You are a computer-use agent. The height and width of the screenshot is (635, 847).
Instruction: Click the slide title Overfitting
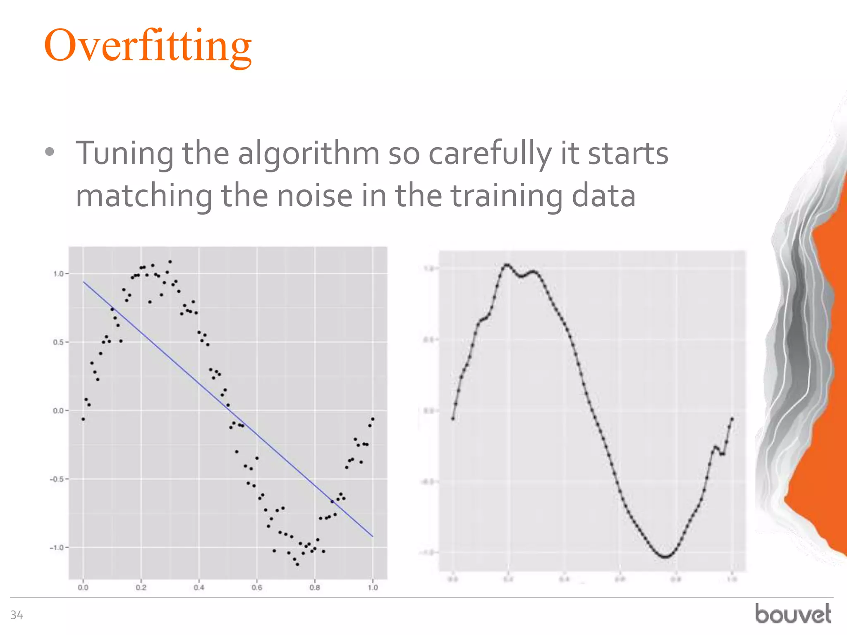pyautogui.click(x=148, y=45)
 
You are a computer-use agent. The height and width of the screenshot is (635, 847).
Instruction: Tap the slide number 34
pyautogui.click(x=17, y=615)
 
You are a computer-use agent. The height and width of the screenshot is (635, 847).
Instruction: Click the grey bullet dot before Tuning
pyautogui.click(x=50, y=152)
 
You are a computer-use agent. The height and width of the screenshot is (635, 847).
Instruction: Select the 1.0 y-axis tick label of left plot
pyautogui.click(x=58, y=274)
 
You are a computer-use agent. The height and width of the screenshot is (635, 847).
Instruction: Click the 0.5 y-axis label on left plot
pyautogui.click(x=58, y=342)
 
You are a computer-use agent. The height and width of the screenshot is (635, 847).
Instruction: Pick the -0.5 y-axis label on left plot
pyautogui.click(x=57, y=479)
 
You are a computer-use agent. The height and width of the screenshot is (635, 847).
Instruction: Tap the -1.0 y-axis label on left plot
pyautogui.click(x=57, y=548)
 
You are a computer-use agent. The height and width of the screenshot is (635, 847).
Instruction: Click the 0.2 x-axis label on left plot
pyautogui.click(x=141, y=587)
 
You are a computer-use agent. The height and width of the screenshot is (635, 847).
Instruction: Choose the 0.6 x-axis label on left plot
pyautogui.click(x=257, y=587)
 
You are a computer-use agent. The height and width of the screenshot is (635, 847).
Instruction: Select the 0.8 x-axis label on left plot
pyautogui.click(x=315, y=587)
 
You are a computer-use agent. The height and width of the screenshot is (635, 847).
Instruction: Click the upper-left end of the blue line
pyautogui.click(x=84, y=282)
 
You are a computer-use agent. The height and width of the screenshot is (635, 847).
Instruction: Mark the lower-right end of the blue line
pyautogui.click(x=372, y=536)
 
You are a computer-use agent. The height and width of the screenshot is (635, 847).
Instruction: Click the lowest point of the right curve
pyautogui.click(x=665, y=557)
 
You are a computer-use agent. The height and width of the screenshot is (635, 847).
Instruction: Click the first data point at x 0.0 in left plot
pyautogui.click(x=83, y=419)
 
